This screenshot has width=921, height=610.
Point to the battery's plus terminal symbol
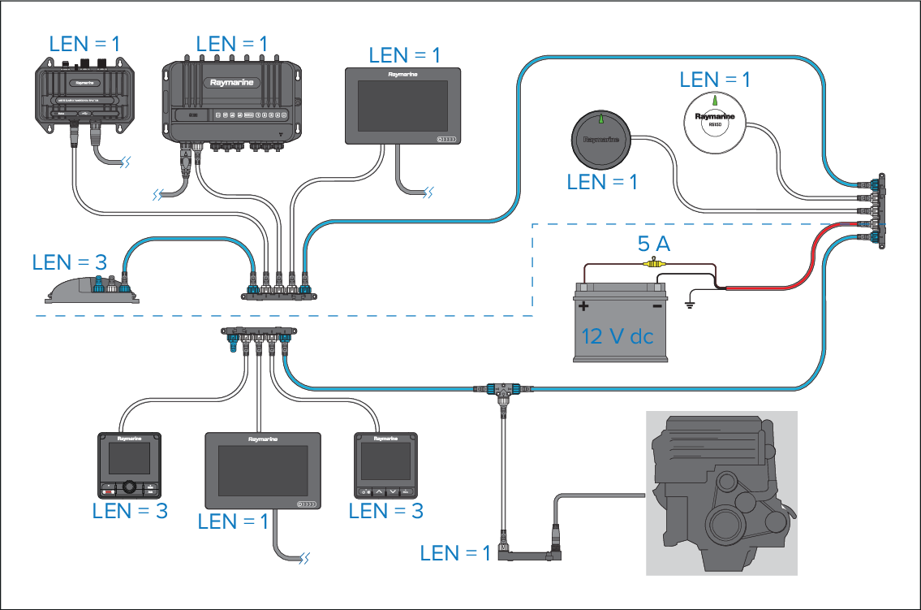583,306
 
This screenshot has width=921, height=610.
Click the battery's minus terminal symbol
657,306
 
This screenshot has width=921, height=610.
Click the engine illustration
721,493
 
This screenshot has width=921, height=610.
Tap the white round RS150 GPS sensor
714,120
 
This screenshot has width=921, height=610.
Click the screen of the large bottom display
258,470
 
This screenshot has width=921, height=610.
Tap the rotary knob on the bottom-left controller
130,488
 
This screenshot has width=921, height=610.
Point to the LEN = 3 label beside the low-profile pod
70,263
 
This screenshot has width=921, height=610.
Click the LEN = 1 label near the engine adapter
455,554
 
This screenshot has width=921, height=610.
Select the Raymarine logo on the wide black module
232,81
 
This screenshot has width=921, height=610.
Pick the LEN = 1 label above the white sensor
715,80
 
